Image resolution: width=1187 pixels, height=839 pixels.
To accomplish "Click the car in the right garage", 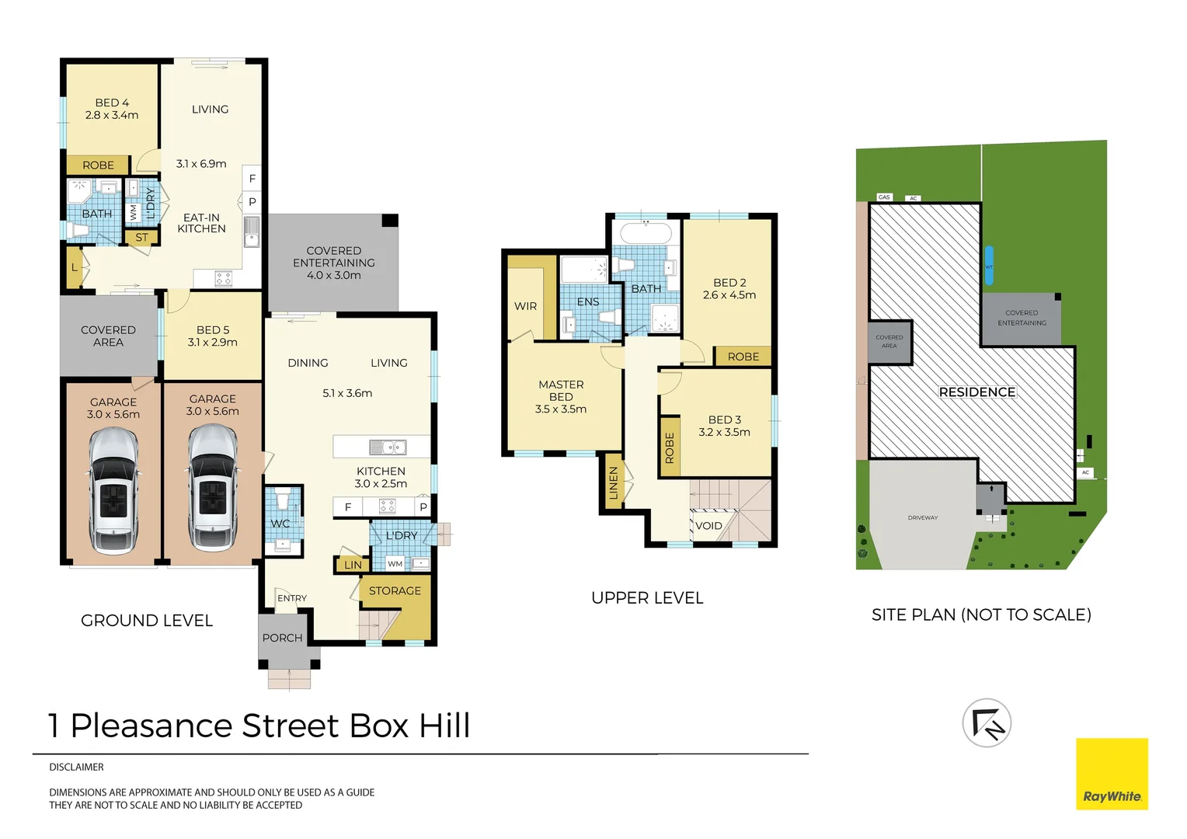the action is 213,488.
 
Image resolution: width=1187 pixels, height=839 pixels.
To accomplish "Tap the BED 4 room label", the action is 112,103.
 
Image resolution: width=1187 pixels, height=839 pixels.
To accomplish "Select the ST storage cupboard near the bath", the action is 141,238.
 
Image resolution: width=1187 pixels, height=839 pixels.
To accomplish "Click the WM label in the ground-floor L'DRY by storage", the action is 395,564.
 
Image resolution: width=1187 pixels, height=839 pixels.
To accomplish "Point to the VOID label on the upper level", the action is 708,526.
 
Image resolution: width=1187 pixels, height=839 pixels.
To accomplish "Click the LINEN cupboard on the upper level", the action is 613,482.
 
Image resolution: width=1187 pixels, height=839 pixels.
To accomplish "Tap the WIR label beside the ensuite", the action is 525,306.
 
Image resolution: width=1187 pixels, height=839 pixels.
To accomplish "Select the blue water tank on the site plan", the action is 989,266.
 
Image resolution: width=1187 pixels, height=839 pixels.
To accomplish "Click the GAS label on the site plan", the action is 884,197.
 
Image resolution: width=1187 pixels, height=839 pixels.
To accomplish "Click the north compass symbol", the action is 987,723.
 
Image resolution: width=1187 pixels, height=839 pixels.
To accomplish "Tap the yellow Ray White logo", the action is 1112,774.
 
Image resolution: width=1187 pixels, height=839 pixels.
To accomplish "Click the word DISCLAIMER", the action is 76,767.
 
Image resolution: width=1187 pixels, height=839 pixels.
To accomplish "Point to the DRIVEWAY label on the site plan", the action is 923,518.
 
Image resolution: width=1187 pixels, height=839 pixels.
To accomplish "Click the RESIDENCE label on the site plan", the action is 977,392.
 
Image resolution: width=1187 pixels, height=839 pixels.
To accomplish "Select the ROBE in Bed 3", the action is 670,447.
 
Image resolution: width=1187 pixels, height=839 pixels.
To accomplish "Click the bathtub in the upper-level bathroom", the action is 646,233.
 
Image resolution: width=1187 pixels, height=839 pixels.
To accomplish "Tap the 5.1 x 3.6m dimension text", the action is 347,393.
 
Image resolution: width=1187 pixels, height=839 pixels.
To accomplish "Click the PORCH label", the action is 282,638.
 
